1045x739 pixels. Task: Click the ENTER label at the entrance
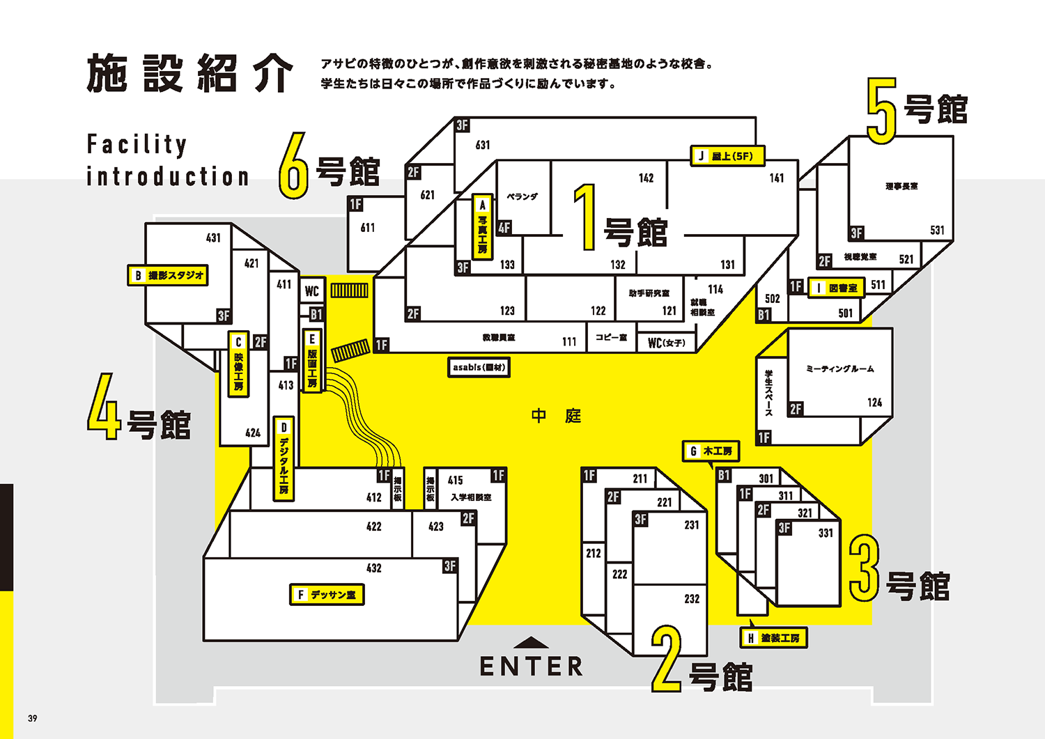point(531,667)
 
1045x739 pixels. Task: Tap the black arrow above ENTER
point(532,642)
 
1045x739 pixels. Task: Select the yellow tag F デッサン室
point(327,595)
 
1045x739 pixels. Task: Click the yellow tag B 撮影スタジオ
point(168,276)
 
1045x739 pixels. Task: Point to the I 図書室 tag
point(836,288)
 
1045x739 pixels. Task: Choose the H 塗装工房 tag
point(773,638)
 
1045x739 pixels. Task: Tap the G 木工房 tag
point(711,451)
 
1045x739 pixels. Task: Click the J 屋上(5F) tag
point(727,156)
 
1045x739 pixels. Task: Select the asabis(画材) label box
point(479,367)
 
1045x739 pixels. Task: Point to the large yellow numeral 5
point(881,110)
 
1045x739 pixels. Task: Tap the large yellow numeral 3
point(864,568)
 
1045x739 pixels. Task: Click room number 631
point(483,145)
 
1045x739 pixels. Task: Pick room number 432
point(374,568)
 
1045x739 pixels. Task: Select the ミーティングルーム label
point(839,368)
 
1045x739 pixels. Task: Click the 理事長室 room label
point(901,186)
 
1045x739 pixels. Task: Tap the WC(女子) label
point(667,343)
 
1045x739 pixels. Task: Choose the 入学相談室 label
point(471,497)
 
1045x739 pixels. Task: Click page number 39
point(33,718)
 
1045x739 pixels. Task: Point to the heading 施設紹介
point(189,73)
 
